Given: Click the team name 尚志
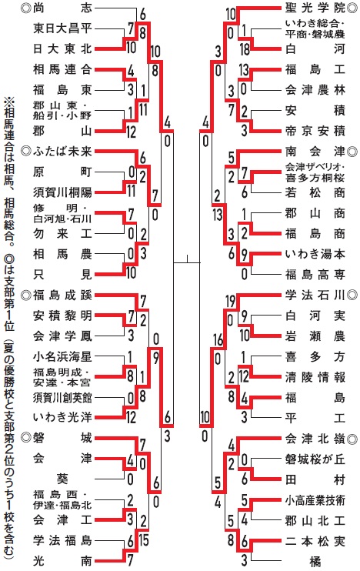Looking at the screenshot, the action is pyautogui.click(x=62, y=8).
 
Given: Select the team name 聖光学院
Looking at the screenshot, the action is pyautogui.click(x=315, y=8).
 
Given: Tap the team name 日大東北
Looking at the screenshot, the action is pyautogui.click(x=62, y=48).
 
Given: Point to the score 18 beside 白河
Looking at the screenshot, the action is pyautogui.click(x=245, y=48).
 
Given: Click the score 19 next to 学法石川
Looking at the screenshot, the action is pyautogui.click(x=231, y=302).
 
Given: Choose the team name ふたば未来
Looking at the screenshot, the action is pyautogui.click(x=62, y=151).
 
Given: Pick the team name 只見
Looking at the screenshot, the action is pyautogui.click(x=62, y=274).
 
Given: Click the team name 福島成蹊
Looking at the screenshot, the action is pyautogui.click(x=62, y=295).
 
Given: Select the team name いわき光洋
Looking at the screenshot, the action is pyautogui.click(x=62, y=417).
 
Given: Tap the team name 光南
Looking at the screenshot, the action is pyautogui.click(x=62, y=560).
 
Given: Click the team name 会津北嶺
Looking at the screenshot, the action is pyautogui.click(x=315, y=439).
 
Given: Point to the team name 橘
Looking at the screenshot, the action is pyautogui.click(x=315, y=562).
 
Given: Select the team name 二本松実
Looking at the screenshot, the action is pyautogui.click(x=315, y=541).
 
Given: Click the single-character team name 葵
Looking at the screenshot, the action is pyautogui.click(x=62, y=479).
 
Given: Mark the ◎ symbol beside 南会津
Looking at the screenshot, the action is pyautogui.click(x=352, y=151).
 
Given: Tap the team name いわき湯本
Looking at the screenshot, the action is pyautogui.click(x=315, y=253).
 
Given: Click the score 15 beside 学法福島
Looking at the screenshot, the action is pyautogui.click(x=144, y=540).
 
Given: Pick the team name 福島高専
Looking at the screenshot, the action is pyautogui.click(x=315, y=274).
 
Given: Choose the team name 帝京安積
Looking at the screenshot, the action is pyautogui.click(x=315, y=131).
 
